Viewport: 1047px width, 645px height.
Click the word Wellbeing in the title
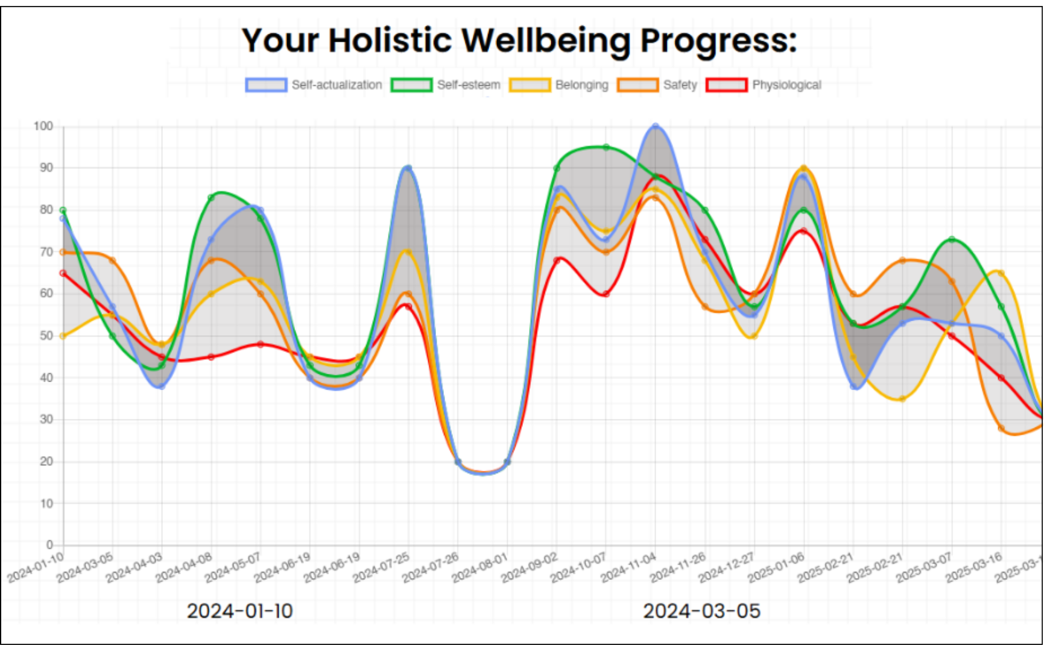pos(546,40)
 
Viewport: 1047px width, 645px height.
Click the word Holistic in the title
pos(390,40)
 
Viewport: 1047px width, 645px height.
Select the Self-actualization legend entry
pos(314,85)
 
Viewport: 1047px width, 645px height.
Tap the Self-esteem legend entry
pos(446,85)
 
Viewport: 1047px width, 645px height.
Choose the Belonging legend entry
pos(559,85)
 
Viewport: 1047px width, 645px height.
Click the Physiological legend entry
pos(764,85)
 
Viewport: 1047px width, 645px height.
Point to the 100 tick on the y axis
pos(43,126)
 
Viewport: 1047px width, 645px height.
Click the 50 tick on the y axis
pos(46,336)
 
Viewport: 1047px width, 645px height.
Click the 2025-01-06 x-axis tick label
pos(777,568)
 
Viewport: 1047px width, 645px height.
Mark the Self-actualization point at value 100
pos(656,127)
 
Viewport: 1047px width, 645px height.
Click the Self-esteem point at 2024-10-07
pos(606,147)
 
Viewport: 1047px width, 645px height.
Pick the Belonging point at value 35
pos(902,398)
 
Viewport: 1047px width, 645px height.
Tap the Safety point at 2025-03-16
pos(1001,428)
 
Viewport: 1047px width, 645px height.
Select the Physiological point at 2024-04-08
pos(211,357)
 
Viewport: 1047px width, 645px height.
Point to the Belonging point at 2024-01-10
pos(63,336)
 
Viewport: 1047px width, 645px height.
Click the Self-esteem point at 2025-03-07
pos(952,239)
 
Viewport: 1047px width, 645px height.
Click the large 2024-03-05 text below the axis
pos(701,611)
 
